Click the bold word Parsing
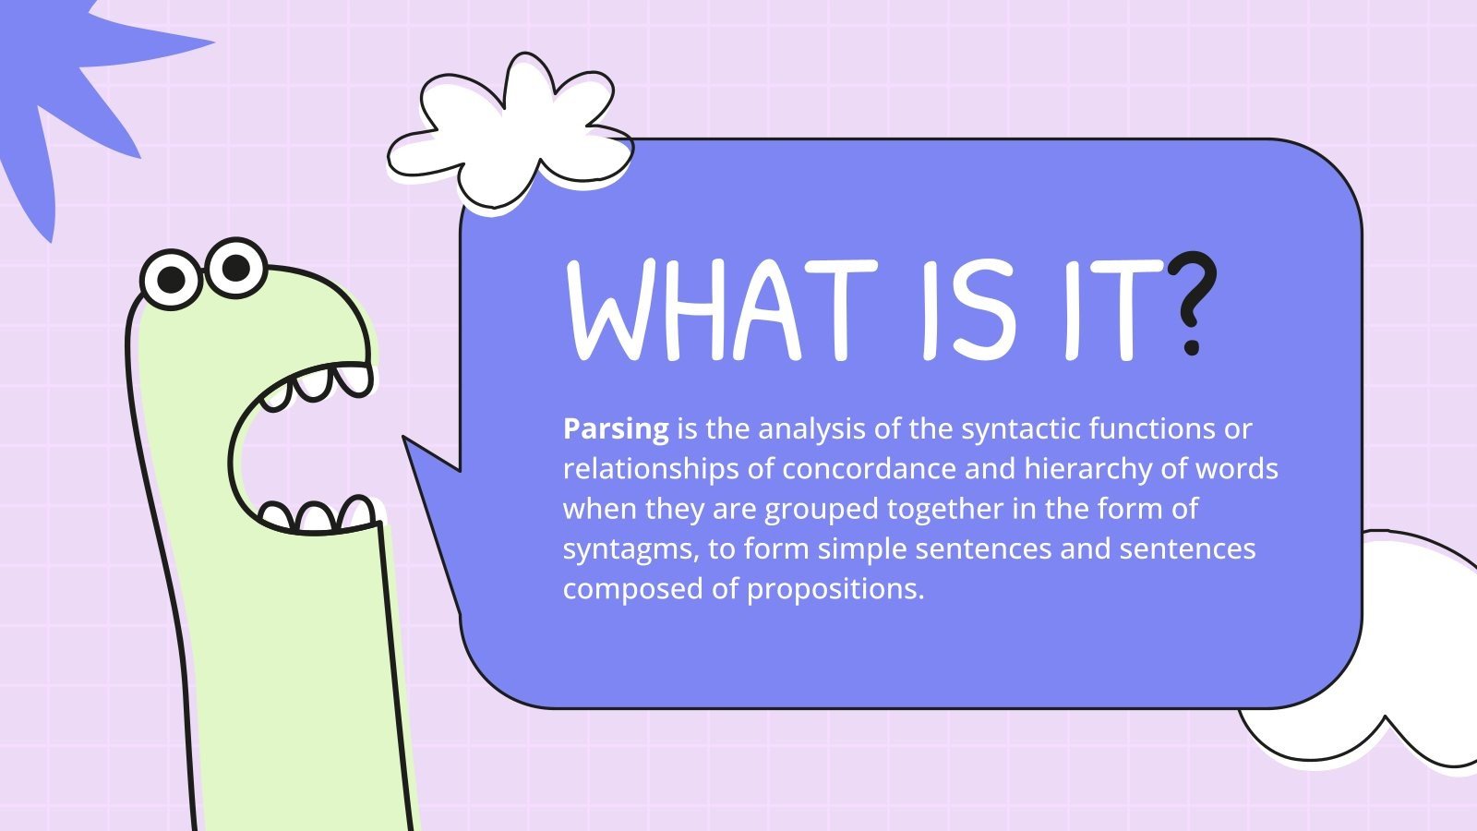pyautogui.click(x=616, y=429)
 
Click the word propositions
pyautogui.click(x=835, y=589)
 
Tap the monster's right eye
pyautogui.click(x=236, y=268)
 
